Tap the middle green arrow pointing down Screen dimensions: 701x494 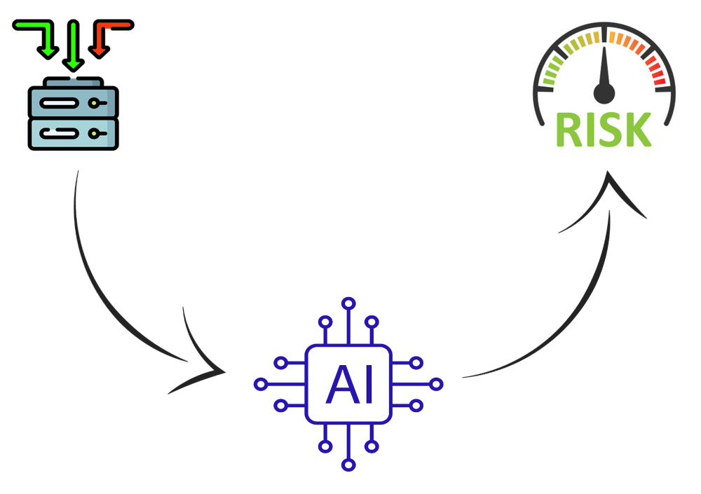(x=74, y=45)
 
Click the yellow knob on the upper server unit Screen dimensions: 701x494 (x=93, y=103)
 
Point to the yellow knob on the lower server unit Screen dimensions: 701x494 (x=93, y=133)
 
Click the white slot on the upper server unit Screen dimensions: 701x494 (x=59, y=103)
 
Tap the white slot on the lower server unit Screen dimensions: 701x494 (x=59, y=133)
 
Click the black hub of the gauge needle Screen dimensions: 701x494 (x=604, y=93)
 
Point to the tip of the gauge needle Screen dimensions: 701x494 (x=604, y=46)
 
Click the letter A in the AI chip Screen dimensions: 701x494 (x=343, y=384)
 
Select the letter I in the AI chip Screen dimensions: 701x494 (x=369, y=384)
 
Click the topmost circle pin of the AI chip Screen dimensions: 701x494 (x=348, y=303)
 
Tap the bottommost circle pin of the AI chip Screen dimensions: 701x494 (x=348, y=465)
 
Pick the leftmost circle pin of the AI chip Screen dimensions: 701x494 (x=261, y=384)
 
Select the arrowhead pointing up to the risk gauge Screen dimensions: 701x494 (x=606, y=197)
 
